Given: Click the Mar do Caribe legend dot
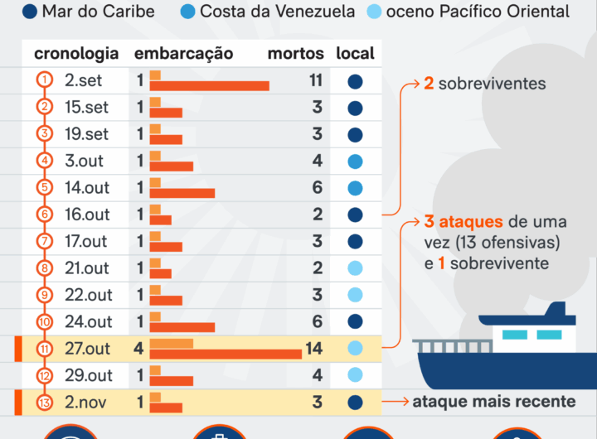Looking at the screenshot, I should pyautogui.click(x=30, y=12).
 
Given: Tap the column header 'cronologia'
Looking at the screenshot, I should pyautogui.click(x=76, y=54).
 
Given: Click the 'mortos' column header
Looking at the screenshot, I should pyautogui.click(x=296, y=54).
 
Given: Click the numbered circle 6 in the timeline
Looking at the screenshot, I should pyautogui.click(x=45, y=215).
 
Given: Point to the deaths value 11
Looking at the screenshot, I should pyautogui.click(x=314, y=81).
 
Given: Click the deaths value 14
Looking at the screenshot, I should pyautogui.click(x=313, y=349).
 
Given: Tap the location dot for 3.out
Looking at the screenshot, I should pyautogui.click(x=355, y=162).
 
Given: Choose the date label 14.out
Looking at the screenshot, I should pyautogui.click(x=87, y=188).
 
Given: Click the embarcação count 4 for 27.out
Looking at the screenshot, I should pyautogui.click(x=138, y=349).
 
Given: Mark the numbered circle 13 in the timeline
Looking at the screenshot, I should pyautogui.click(x=45, y=403).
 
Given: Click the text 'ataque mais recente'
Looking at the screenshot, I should pyautogui.click(x=494, y=402).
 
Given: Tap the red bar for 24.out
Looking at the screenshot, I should pyautogui.click(x=182, y=327).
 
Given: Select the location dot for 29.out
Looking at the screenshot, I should pyautogui.click(x=355, y=375).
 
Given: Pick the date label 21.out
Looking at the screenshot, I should pyautogui.click(x=87, y=268).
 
